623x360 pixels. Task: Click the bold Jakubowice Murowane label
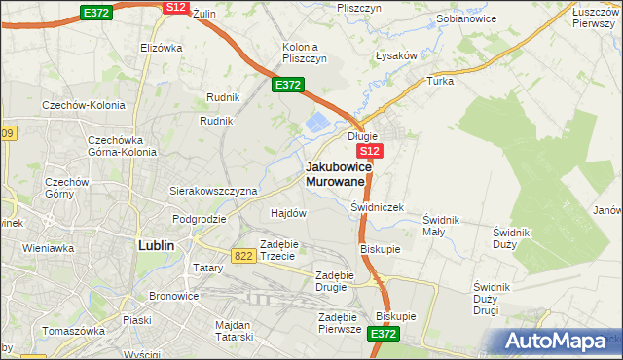tap(336, 173)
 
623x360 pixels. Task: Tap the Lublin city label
tap(156, 245)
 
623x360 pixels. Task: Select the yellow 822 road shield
tap(244, 254)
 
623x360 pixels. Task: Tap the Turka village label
tap(440, 81)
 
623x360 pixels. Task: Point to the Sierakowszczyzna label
tap(213, 191)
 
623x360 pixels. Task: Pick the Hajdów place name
tap(288, 212)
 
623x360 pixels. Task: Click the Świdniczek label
tap(377, 207)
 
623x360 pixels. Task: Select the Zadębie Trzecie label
tap(283, 249)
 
